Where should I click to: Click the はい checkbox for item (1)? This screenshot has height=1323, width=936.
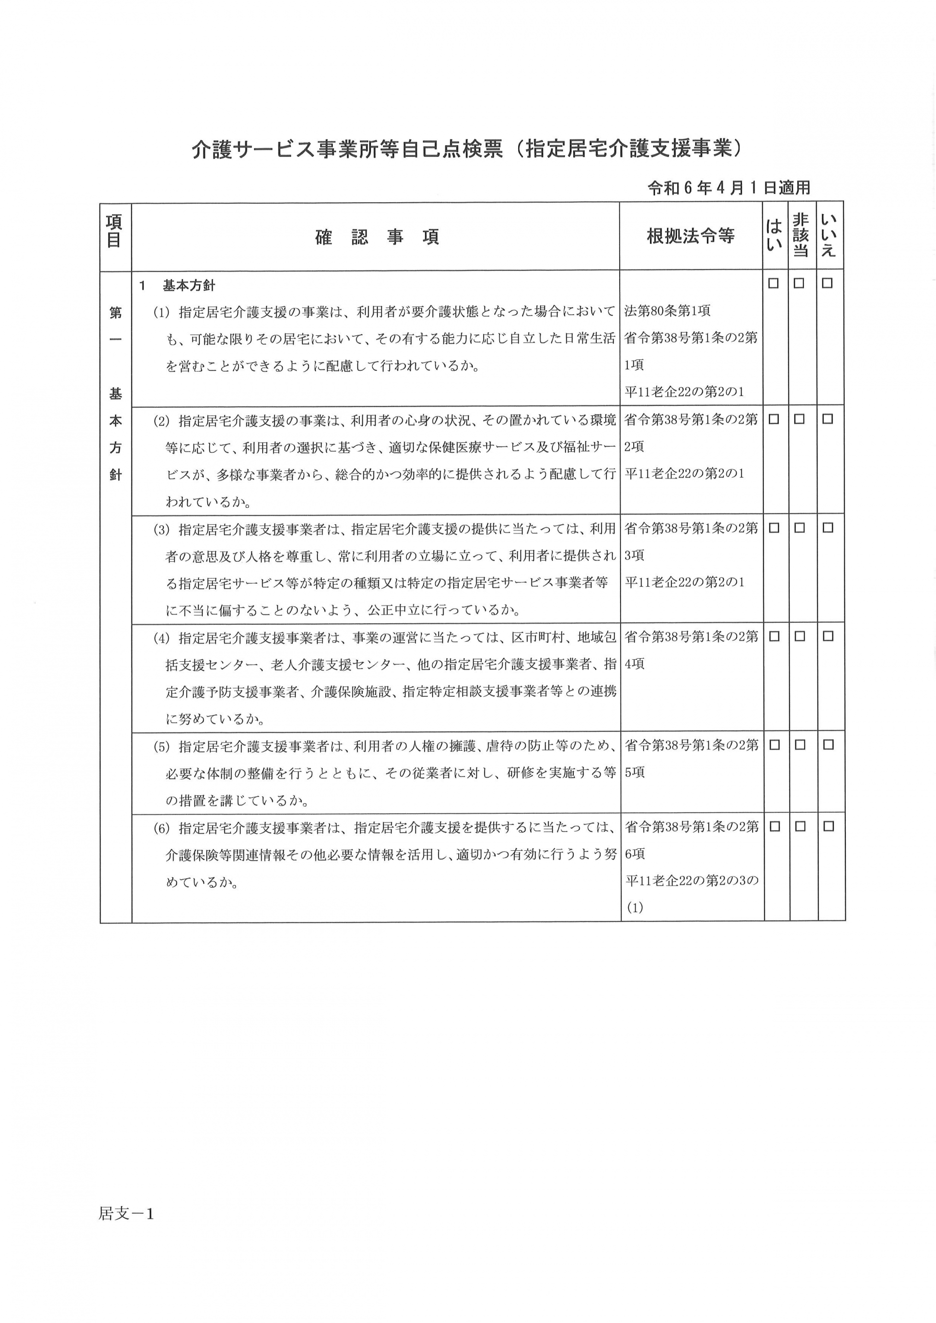point(774,284)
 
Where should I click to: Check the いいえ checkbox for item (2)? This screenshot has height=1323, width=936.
point(828,420)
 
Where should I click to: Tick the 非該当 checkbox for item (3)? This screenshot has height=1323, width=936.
point(799,528)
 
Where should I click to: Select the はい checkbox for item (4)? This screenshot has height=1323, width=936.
point(774,636)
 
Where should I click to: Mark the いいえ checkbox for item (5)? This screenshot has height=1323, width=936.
point(828,745)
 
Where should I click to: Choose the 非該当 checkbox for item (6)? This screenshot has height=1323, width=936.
point(800,826)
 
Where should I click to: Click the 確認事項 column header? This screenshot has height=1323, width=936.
point(377,237)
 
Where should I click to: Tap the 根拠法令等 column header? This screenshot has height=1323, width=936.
point(690,236)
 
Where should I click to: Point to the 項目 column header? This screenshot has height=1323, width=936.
point(115,230)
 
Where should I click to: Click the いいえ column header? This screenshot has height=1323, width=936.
point(829,235)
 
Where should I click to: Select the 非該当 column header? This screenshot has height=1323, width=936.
point(800,235)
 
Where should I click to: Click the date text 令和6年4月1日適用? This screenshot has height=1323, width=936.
point(729,188)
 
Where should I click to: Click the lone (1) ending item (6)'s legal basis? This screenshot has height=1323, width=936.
point(635,907)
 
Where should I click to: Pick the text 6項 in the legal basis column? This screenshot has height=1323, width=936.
point(635,854)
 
